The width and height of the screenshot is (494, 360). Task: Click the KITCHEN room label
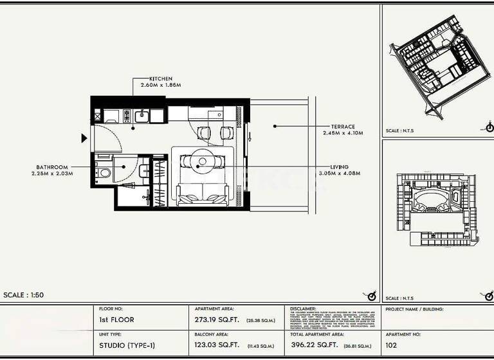[x=161, y=78]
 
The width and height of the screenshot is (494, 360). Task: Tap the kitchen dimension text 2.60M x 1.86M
[x=161, y=85]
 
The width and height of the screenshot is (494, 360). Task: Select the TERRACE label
[x=343, y=127]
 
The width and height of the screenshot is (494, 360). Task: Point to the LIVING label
[x=340, y=166]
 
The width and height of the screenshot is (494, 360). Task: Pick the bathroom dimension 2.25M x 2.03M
[x=52, y=173]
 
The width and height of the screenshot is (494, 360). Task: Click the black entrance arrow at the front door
[x=84, y=138]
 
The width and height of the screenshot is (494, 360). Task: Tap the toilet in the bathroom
[x=104, y=172]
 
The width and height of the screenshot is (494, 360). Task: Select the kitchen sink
[x=141, y=116]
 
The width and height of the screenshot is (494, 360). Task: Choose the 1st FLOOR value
[x=117, y=319]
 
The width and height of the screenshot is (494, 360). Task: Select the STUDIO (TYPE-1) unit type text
[x=127, y=346]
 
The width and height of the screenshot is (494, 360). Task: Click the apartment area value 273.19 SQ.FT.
[x=215, y=319]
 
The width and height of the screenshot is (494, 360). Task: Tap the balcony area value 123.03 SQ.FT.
[x=215, y=346]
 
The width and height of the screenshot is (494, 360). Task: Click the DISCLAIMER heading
[x=304, y=309]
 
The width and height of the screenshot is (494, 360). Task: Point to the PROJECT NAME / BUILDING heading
[x=414, y=309]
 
